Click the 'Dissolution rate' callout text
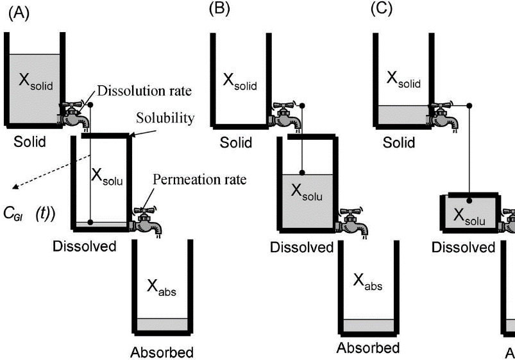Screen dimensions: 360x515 (x=146, y=90)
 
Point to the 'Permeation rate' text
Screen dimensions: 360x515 (x=199, y=180)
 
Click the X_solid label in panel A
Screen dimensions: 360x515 (x=35, y=82)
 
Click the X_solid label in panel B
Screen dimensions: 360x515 (x=240, y=80)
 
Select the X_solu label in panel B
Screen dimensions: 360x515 (x=307, y=191)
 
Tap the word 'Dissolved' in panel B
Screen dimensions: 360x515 (x=302, y=248)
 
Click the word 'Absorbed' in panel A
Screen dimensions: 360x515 (x=162, y=352)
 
